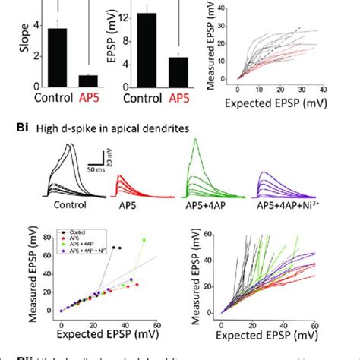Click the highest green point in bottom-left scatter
144,240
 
